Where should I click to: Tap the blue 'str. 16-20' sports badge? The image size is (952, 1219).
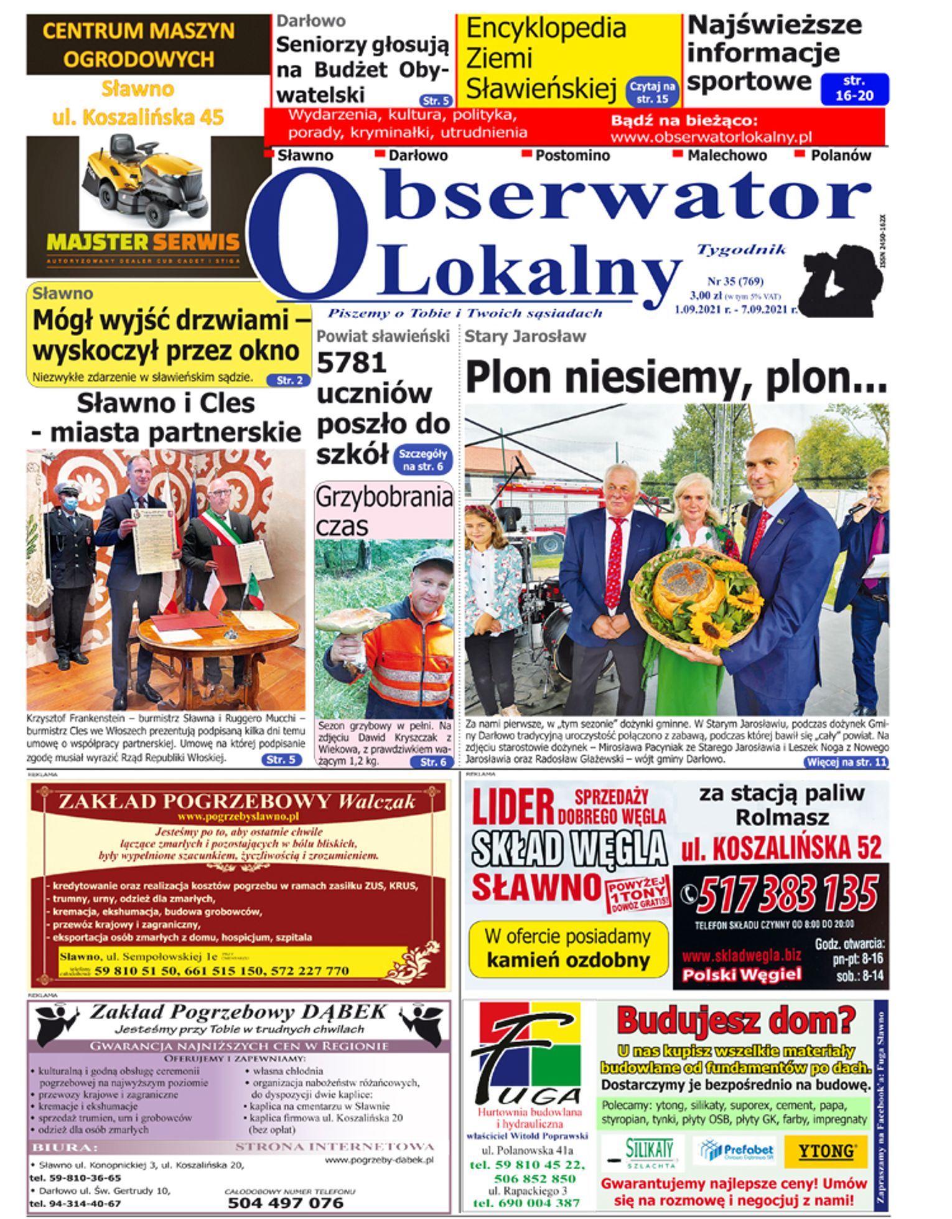pyautogui.click(x=854, y=88)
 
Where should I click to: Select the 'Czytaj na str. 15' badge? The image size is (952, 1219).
pyautogui.click(x=651, y=92)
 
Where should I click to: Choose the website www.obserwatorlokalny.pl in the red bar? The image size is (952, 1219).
pyautogui.click(x=711, y=137)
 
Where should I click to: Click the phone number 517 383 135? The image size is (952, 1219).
pyautogui.click(x=787, y=895)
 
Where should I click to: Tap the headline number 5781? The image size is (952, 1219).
pyautogui.click(x=351, y=363)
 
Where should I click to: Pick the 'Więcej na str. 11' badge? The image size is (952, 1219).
pyautogui.click(x=846, y=761)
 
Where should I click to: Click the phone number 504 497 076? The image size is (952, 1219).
pyautogui.click(x=286, y=1202)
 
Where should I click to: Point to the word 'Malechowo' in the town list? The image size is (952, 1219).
pyautogui.click(x=727, y=156)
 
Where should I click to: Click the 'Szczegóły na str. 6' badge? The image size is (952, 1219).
pyautogui.click(x=423, y=460)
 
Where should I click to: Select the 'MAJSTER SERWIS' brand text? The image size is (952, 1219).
pyautogui.click(x=142, y=242)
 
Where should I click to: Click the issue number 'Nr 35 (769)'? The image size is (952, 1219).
pyautogui.click(x=735, y=281)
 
